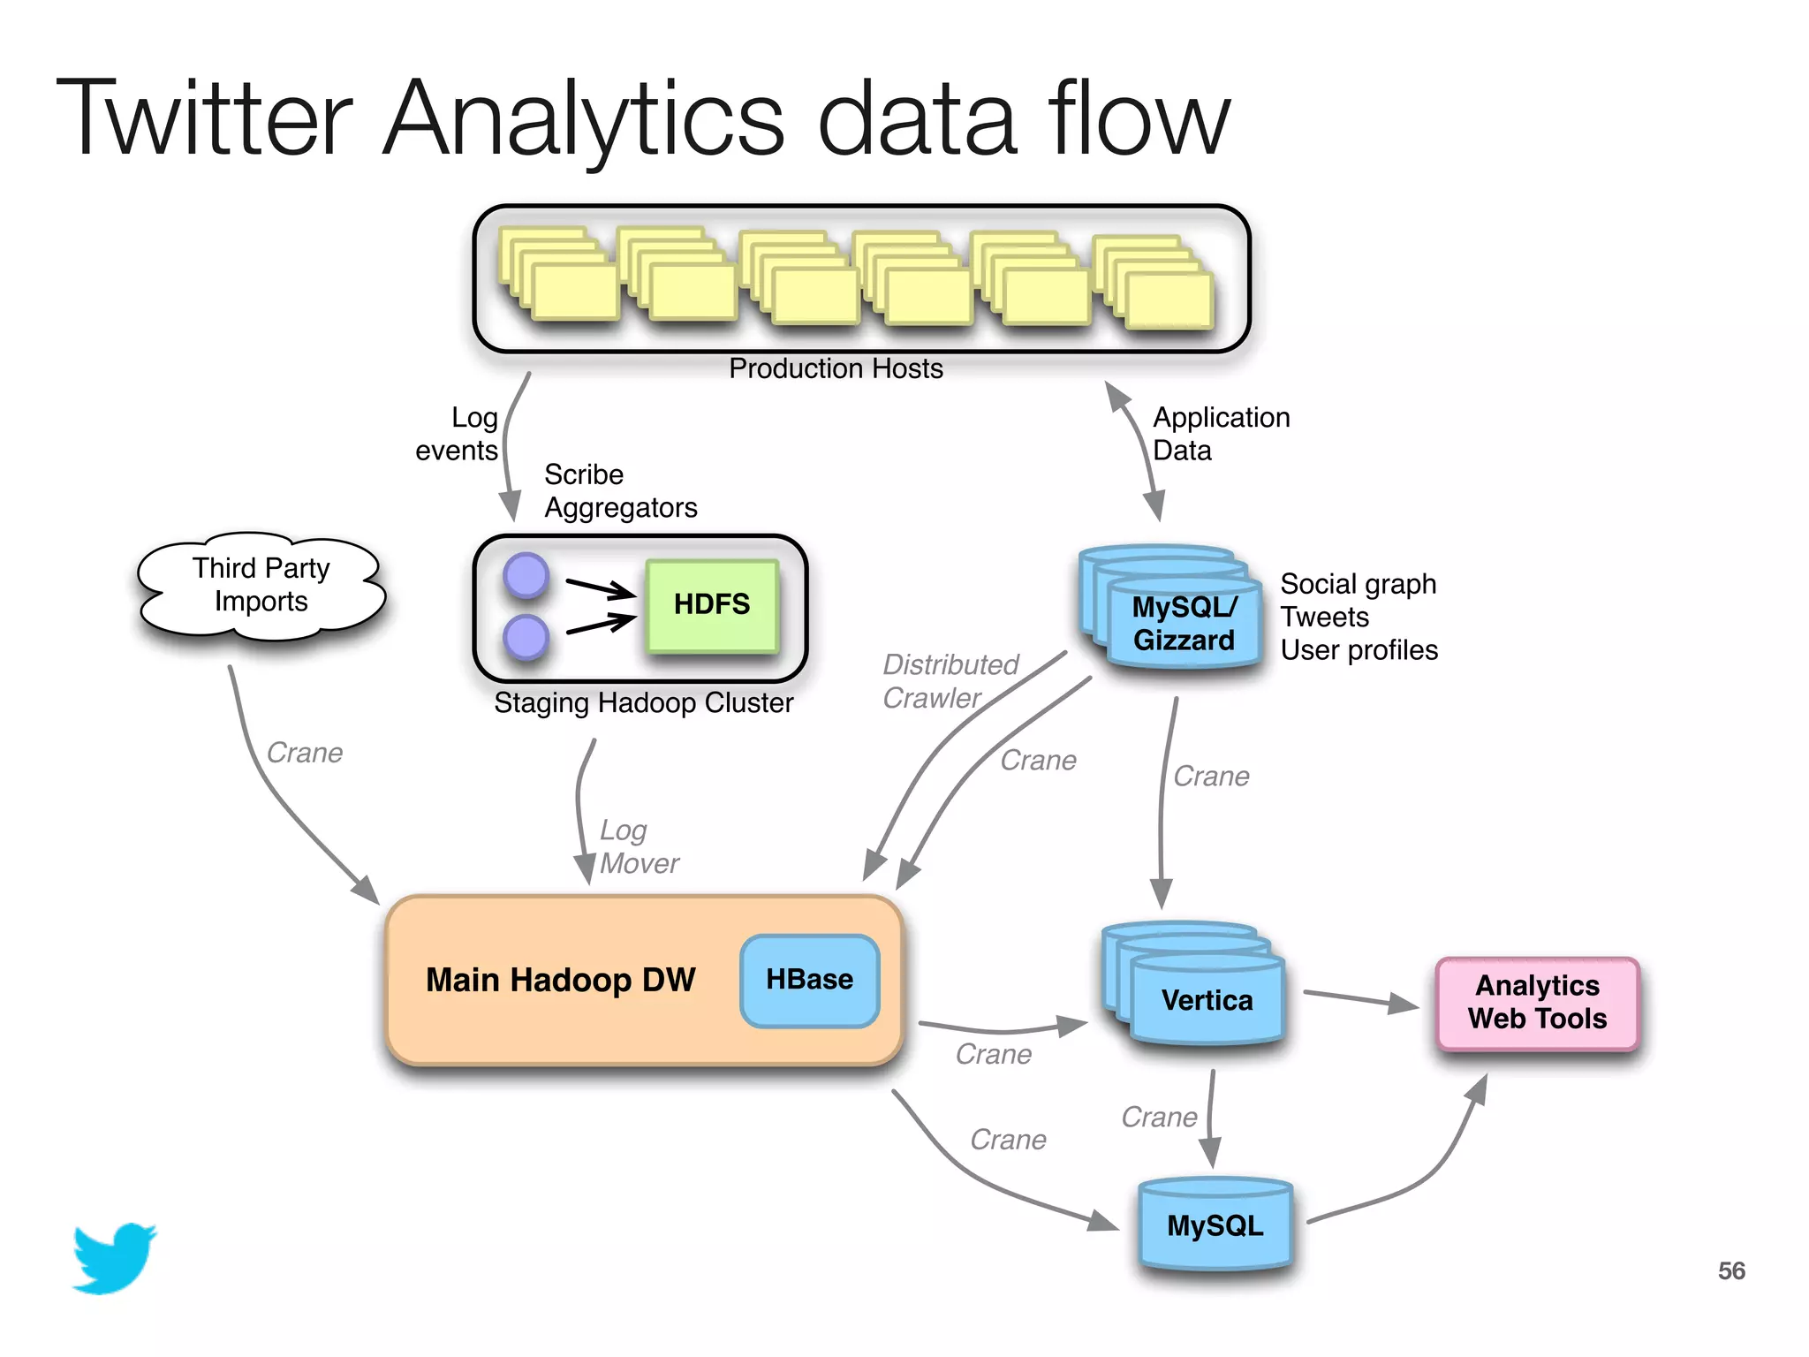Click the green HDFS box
tap(712, 605)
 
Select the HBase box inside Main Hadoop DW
tap(810, 980)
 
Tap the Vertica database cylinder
tap(1193, 982)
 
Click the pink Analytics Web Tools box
tap(1538, 1003)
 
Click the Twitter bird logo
tap(114, 1258)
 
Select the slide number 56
tap(1731, 1270)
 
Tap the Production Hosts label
tap(836, 368)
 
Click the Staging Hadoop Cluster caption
tap(643, 702)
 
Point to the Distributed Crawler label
tap(950, 681)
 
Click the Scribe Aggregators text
tap(621, 491)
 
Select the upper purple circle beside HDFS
tap(526, 575)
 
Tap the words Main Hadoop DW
tap(561, 980)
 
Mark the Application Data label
tap(1222, 434)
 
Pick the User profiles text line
tap(1359, 650)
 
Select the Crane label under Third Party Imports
tap(305, 753)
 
